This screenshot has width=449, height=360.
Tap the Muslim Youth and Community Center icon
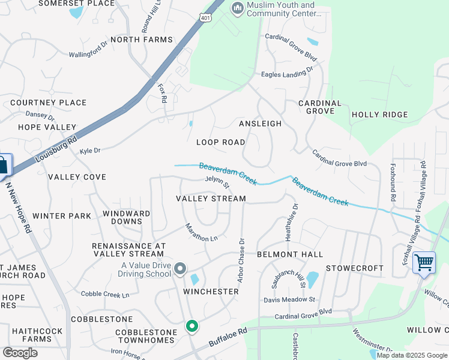click(237, 8)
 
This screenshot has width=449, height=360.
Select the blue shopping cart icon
click(424, 262)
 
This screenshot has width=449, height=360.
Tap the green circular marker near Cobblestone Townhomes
click(192, 326)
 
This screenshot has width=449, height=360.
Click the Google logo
click(20, 353)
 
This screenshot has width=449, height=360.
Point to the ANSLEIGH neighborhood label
click(260, 124)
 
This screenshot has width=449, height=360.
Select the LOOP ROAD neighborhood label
click(221, 142)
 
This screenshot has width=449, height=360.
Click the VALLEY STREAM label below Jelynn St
click(211, 199)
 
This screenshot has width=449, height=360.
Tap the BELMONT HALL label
click(290, 254)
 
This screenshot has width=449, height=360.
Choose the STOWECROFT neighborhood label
click(354, 268)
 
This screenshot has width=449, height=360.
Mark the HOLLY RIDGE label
click(379, 115)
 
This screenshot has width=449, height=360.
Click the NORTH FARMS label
click(142, 40)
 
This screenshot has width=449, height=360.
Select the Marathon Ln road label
click(201, 233)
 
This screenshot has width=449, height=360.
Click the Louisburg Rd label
click(56, 149)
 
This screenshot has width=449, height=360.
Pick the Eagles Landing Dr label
click(287, 73)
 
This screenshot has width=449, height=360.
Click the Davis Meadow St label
click(289, 299)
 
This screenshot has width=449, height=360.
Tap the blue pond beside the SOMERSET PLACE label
click(76, 12)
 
